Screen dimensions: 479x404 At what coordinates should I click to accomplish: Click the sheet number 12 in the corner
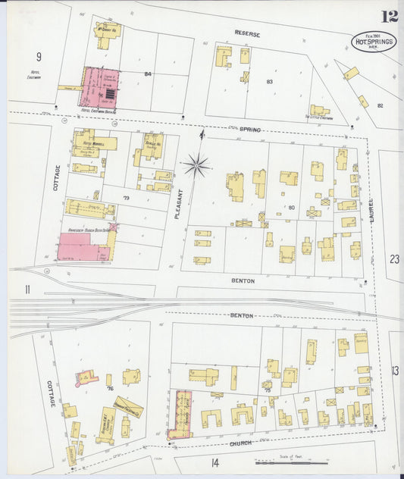pyautogui.click(x=390, y=17)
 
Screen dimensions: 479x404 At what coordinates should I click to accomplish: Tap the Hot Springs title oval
pyautogui.click(x=373, y=42)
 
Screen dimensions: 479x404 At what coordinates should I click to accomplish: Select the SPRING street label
pyautogui.click(x=250, y=130)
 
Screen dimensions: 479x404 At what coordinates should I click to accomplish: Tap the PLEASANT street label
pyautogui.click(x=179, y=204)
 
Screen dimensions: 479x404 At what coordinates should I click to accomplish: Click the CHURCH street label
pyautogui.click(x=242, y=443)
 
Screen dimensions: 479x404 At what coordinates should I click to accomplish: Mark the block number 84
pyautogui.click(x=148, y=74)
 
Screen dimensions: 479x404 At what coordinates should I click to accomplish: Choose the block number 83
pyautogui.click(x=268, y=80)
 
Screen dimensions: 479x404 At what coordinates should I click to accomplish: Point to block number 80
pyautogui.click(x=290, y=206)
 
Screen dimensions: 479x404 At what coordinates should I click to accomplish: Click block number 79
pyautogui.click(x=127, y=199)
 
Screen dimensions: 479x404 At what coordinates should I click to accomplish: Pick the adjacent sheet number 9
pyautogui.click(x=39, y=56)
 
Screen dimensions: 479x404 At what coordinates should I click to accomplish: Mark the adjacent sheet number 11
pyautogui.click(x=27, y=289)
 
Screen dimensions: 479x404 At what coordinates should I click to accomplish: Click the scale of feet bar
pyautogui.click(x=284, y=462)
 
